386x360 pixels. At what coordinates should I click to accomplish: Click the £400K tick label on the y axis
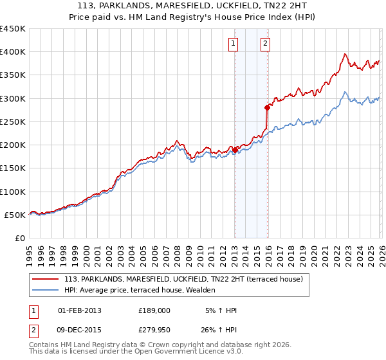[x=13, y=52]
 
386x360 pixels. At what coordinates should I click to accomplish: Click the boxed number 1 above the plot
[x=232, y=44]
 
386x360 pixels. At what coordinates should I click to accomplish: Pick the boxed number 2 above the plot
[x=265, y=44]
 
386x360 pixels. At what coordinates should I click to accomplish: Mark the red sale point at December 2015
[x=267, y=108]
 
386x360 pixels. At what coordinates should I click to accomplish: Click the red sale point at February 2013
[x=235, y=150]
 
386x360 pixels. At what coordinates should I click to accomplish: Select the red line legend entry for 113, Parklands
[x=187, y=279]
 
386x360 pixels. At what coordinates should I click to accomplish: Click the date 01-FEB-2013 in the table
[x=80, y=310]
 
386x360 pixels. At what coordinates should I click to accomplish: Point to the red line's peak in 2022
[x=345, y=54]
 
